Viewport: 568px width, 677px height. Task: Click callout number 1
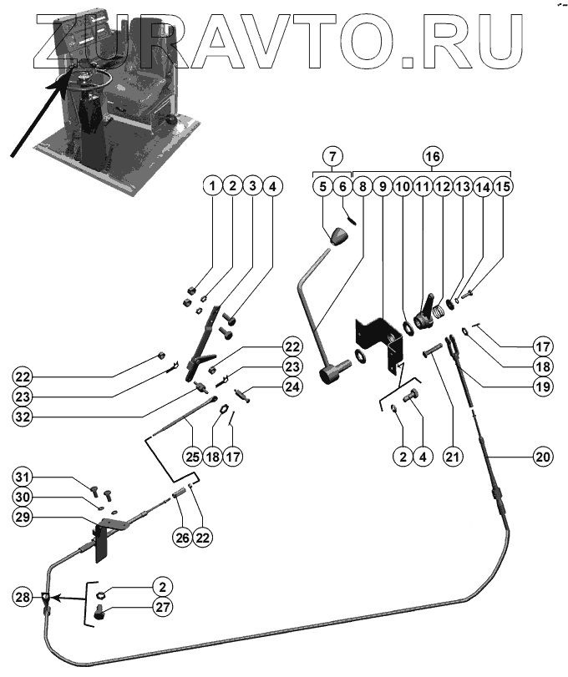pyautogui.click(x=214, y=184)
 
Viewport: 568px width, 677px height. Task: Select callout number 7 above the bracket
pyautogui.click(x=332, y=156)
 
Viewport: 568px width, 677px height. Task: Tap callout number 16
pyautogui.click(x=431, y=156)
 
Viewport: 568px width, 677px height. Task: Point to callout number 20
pyautogui.click(x=544, y=457)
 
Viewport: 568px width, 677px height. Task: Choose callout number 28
pyautogui.click(x=23, y=598)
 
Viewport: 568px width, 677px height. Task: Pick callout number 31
pyautogui.click(x=23, y=477)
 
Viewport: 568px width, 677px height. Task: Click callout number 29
pyautogui.click(x=23, y=518)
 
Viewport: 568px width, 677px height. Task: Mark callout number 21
pyautogui.click(x=453, y=457)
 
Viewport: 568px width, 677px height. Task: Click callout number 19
pyautogui.click(x=543, y=386)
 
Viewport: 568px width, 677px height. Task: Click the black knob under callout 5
pyautogui.click(x=337, y=236)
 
